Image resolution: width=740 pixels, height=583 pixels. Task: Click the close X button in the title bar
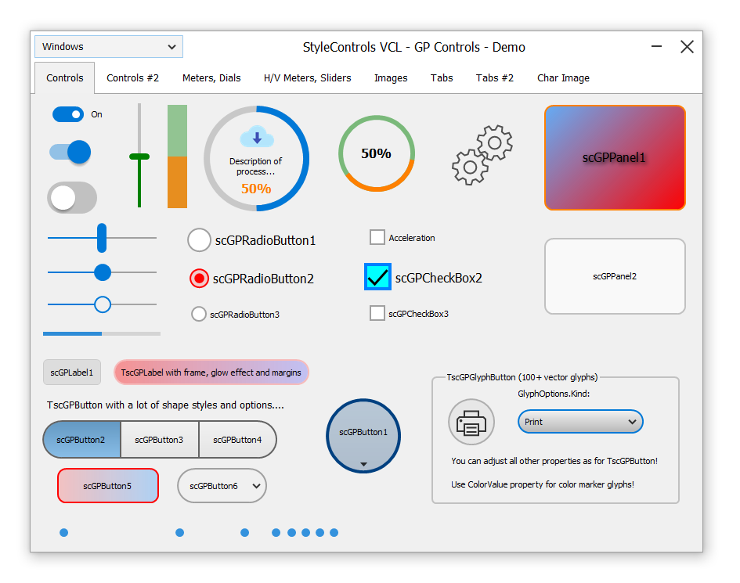(687, 47)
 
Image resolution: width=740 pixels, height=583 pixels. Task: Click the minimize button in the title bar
(656, 46)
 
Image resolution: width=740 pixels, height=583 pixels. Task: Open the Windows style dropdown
(109, 47)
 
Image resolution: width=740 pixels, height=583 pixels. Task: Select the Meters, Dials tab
(211, 77)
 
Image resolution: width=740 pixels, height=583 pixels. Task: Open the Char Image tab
(563, 77)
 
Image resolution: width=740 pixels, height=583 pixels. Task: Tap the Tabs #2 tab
(495, 77)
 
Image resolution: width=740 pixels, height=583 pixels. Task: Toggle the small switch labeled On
(68, 114)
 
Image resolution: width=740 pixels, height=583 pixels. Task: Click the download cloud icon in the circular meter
(257, 137)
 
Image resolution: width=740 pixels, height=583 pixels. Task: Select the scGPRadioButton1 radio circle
(199, 240)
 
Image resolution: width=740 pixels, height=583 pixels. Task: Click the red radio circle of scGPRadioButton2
(199, 279)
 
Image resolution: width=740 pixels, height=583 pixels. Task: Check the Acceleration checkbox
(377, 237)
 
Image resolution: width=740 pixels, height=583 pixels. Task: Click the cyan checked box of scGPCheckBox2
(377, 276)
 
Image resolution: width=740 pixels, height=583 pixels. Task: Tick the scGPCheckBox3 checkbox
(377, 313)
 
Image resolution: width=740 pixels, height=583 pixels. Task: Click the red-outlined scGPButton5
(107, 486)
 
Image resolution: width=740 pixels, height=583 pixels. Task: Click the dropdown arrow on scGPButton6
(256, 486)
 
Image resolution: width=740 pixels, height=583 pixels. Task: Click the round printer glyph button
(471, 422)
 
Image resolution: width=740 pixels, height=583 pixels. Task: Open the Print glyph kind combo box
(580, 422)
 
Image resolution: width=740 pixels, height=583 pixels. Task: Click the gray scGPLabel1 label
(72, 372)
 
